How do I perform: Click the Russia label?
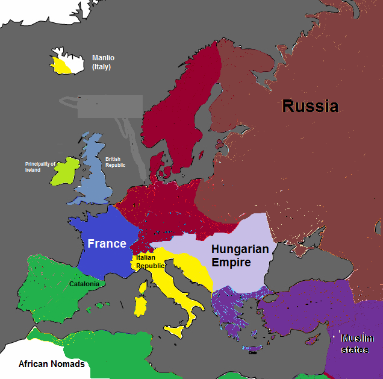[310, 107]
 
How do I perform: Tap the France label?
[107, 243]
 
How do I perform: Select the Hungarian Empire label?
[239, 255]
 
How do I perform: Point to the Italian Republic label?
[151, 261]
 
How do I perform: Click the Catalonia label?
[84, 284]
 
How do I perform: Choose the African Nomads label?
[51, 364]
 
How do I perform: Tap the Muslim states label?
[357, 343]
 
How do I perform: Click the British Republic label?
[116, 162]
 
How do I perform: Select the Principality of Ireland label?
[40, 167]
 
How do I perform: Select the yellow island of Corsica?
[143, 287]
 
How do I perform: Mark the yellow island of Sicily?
[175, 330]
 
